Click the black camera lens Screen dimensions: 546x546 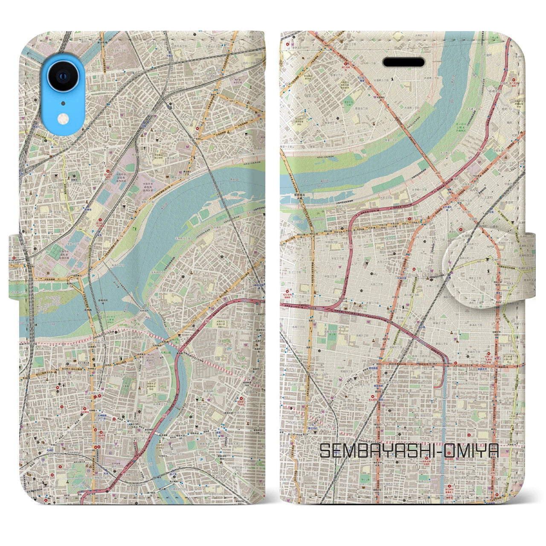[x=63, y=76]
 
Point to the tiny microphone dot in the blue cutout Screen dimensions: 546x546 [x=63, y=103]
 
